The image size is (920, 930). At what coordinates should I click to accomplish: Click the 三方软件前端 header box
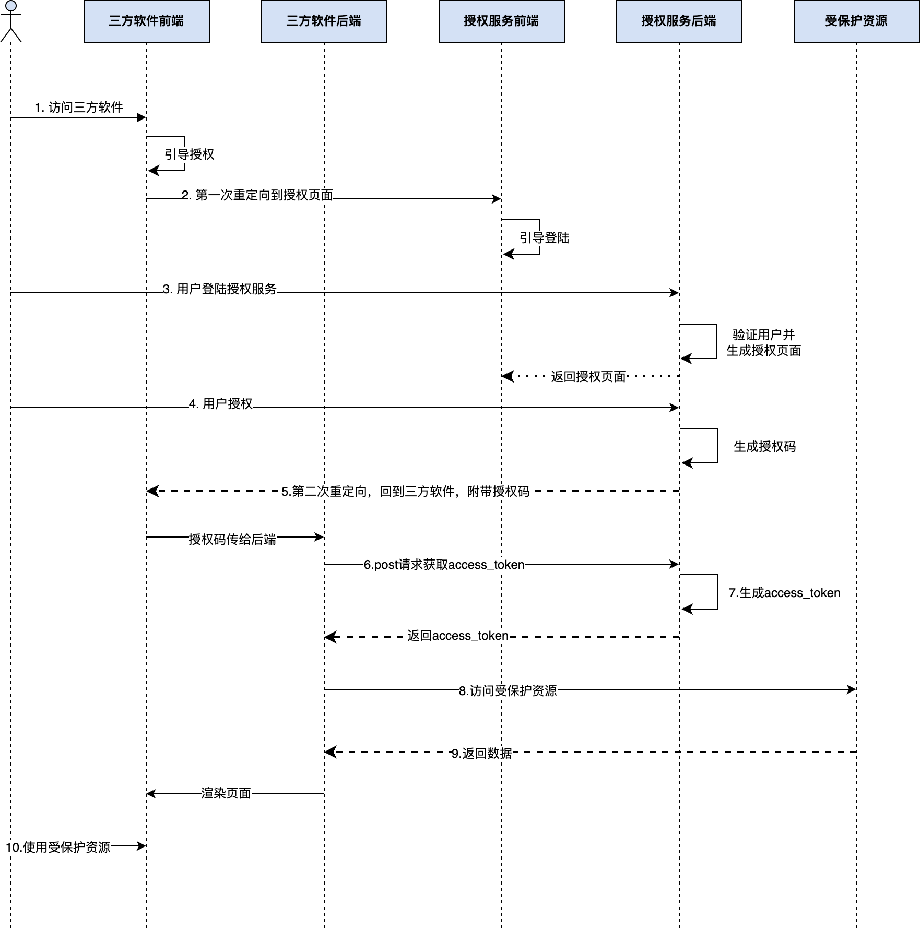coord(146,21)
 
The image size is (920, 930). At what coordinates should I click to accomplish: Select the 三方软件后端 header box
coord(324,21)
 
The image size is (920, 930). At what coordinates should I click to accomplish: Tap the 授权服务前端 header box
coord(501,21)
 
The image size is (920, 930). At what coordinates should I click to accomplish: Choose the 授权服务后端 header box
coord(679,21)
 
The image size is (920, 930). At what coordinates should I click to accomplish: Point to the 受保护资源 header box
coord(856,21)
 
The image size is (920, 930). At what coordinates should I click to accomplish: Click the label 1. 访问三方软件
coord(79,108)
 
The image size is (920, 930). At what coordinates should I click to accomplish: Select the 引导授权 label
coord(190,154)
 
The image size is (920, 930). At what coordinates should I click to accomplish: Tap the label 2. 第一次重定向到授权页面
coord(257,195)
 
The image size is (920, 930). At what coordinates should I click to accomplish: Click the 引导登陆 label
coord(545,238)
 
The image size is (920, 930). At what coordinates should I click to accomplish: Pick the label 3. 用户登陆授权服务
coord(219,289)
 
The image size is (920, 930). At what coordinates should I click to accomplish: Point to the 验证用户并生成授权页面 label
coord(764,343)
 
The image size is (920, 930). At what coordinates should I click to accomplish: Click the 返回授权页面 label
coord(588,377)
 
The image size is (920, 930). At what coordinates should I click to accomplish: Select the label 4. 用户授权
coord(220,404)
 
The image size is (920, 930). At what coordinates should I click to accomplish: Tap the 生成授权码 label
coord(765,447)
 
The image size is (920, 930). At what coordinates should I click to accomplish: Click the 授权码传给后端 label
coord(232,540)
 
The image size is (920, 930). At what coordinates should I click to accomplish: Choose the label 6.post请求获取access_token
coord(444,565)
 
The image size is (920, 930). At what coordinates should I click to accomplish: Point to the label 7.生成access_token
coord(784,593)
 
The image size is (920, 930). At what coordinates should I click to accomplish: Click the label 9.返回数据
coord(482,754)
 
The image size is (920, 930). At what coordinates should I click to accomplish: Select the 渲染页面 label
coord(226,793)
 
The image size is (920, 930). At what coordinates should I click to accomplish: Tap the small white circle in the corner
coord(10,6)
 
